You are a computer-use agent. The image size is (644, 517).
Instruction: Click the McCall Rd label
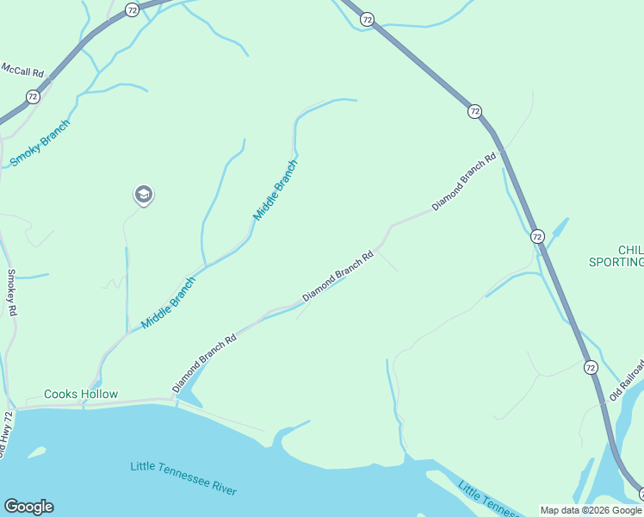[22, 68]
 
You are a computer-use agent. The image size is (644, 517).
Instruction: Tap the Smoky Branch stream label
[40, 143]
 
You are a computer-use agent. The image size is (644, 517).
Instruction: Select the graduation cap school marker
[144, 196]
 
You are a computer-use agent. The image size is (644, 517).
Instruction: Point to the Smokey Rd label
[12, 293]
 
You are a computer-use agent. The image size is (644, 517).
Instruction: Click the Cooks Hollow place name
[80, 395]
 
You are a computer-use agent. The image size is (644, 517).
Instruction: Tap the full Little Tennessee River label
[183, 478]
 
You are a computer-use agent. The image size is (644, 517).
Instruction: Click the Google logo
[28, 507]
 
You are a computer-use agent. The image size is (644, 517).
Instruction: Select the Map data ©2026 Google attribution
[591, 510]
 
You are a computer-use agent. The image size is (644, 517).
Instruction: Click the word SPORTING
[616, 262]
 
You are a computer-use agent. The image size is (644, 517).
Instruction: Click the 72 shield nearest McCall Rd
[33, 97]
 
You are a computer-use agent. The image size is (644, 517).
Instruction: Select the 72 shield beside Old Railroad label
[590, 367]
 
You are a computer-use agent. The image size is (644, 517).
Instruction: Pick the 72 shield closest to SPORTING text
[537, 236]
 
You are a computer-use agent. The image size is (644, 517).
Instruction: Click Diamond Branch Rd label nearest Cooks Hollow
[204, 364]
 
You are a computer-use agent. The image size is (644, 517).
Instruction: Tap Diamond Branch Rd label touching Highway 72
[465, 183]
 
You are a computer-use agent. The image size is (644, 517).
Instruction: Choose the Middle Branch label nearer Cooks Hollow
[169, 302]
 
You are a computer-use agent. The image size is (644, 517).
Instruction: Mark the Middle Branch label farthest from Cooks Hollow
[276, 189]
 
